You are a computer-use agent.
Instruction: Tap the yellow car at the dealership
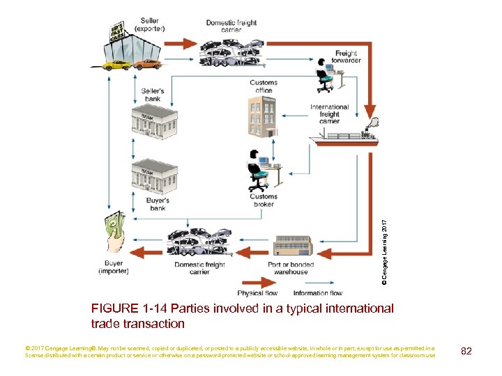(115, 65)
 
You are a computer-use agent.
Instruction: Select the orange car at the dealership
(146, 64)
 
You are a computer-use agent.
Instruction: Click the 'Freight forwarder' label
(347, 57)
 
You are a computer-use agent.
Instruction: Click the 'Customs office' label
(264, 86)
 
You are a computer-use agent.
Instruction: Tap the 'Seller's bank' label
(153, 95)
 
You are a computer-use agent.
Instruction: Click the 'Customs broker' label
(264, 201)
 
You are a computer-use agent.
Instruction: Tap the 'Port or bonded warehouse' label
(291, 268)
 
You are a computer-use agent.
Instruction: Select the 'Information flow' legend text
(318, 293)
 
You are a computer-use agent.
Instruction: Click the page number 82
(466, 351)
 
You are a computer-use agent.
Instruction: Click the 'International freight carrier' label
(329, 114)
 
